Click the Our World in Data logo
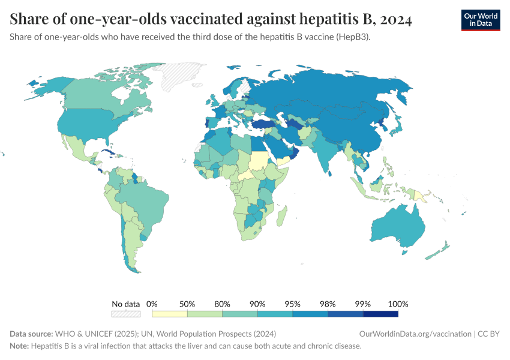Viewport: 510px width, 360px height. pos(480,20)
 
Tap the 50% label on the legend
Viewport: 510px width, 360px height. pos(187,304)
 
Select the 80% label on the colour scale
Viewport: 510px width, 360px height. pos(223,304)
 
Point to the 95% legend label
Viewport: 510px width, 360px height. pos(293,304)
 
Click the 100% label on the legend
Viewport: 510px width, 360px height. pos(398,304)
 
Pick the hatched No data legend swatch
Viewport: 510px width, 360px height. pos(126,313)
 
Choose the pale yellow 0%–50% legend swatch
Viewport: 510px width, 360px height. pos(170,313)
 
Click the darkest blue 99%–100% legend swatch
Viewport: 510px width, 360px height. pos(380,313)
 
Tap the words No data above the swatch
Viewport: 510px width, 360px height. pos(126,304)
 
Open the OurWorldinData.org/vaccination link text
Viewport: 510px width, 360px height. pos(414,334)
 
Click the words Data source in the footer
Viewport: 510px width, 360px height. pos(31,334)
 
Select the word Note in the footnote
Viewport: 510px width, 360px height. pos(19,346)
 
